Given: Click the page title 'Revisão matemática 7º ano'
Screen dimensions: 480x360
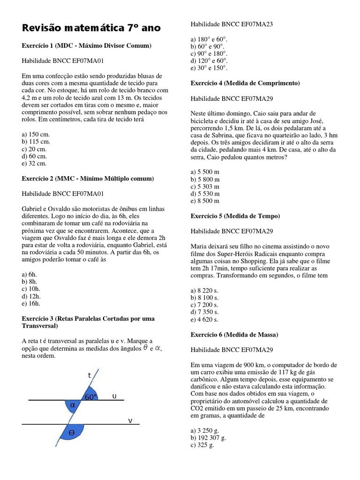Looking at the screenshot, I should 91,28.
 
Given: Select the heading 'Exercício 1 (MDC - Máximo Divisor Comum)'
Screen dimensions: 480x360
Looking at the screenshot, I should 87,46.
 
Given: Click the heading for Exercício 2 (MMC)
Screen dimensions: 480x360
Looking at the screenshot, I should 88,179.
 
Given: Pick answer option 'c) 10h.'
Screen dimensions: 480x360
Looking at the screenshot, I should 32,289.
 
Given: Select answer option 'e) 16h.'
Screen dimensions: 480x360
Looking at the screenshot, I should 32,303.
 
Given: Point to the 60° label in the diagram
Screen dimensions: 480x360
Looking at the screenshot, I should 91,397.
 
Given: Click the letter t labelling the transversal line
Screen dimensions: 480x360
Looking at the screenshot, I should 90,375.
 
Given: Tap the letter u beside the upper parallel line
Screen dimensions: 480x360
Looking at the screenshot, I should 114,396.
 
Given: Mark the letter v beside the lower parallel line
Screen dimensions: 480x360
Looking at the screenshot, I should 131,420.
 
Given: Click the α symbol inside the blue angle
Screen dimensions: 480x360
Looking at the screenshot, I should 72,404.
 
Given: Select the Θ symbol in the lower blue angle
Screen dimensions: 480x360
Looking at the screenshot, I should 72,433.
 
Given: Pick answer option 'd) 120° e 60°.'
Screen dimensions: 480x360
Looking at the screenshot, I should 209,60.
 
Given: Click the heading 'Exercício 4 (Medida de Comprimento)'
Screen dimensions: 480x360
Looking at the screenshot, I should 245,83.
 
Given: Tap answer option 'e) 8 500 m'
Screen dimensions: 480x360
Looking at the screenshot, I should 205,201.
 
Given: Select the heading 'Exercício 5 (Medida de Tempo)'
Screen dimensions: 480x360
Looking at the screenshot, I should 235,216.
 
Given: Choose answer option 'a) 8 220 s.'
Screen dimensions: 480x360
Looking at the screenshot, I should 205,291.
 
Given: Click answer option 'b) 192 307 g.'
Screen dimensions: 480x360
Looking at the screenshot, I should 209,438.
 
